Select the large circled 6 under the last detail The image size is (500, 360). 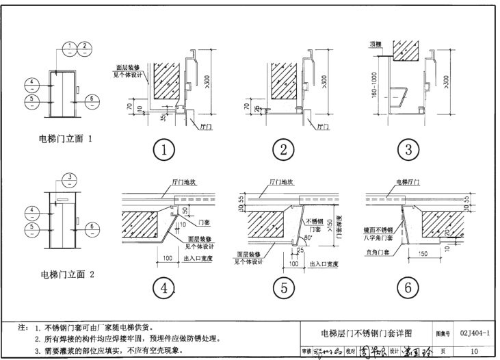coord(407,289)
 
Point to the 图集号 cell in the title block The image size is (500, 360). coord(443,334)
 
